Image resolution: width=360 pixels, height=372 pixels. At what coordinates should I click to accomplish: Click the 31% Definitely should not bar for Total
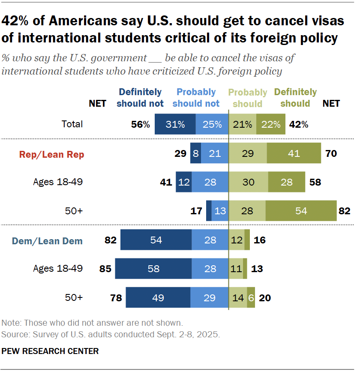pos(175,124)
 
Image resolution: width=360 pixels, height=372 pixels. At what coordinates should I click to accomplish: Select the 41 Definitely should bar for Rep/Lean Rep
pos(294,153)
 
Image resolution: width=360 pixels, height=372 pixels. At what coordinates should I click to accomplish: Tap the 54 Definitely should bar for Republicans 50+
pos(301,211)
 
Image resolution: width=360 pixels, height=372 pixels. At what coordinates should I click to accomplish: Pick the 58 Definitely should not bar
pos(153,269)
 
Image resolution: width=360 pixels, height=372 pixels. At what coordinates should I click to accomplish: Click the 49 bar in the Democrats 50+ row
pos(158,297)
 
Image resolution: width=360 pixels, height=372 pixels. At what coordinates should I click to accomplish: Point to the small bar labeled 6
pos(251,297)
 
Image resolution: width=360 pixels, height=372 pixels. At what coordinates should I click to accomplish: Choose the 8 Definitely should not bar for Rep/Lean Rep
pos(196,153)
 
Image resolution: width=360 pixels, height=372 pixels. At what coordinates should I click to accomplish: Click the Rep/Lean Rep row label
pos(51,155)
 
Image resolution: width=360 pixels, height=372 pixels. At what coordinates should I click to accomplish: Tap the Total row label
pos(72,124)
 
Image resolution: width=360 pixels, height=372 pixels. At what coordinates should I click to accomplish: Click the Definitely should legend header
pos(295,98)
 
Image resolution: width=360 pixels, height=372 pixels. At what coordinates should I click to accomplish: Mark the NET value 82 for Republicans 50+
pos(345,211)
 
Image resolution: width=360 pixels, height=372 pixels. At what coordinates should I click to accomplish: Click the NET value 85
pos(105,269)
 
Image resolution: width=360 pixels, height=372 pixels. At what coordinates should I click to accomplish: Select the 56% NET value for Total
pos(141,124)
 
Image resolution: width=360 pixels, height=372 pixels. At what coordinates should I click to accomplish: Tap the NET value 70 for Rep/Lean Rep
pos(331,153)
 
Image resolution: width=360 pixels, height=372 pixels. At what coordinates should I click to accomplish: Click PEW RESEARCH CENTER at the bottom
pos(50,351)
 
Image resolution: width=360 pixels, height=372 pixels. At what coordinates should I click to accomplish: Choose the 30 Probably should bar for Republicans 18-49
pos(248,182)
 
